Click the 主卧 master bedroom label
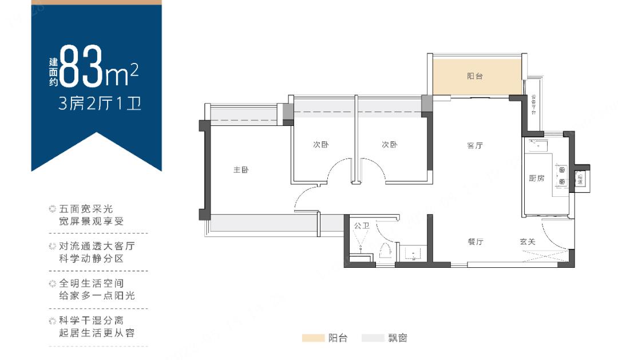tap(241, 170)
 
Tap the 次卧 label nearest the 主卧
tap(320, 145)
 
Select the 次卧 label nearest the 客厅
tap(389, 145)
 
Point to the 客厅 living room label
tap(475, 145)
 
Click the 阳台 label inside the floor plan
tap(475, 76)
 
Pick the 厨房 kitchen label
tap(536, 179)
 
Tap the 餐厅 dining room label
tap(476, 242)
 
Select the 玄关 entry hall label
tap(528, 242)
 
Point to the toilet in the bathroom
tap(385, 250)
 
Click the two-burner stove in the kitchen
tap(561, 176)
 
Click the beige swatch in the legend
tap(313, 338)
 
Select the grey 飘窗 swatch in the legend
tap(373, 338)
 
